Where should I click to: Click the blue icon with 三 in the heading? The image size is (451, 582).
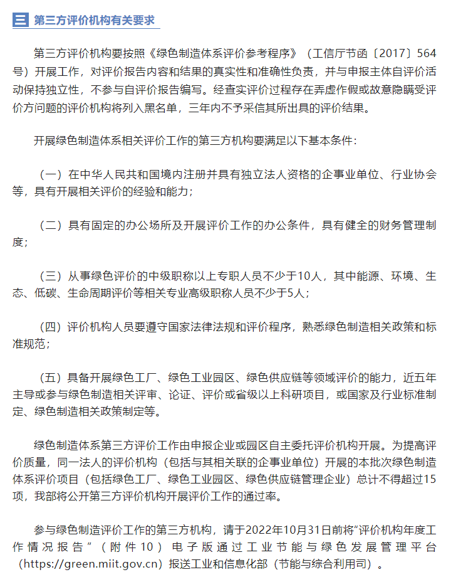tap(21, 20)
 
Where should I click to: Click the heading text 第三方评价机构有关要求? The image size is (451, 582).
tap(94, 20)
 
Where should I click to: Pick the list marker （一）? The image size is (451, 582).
tap(51, 174)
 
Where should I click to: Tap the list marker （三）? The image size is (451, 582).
tap(51, 276)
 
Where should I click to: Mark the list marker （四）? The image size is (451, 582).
tap(51, 327)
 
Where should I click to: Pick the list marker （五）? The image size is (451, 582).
tap(51, 378)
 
